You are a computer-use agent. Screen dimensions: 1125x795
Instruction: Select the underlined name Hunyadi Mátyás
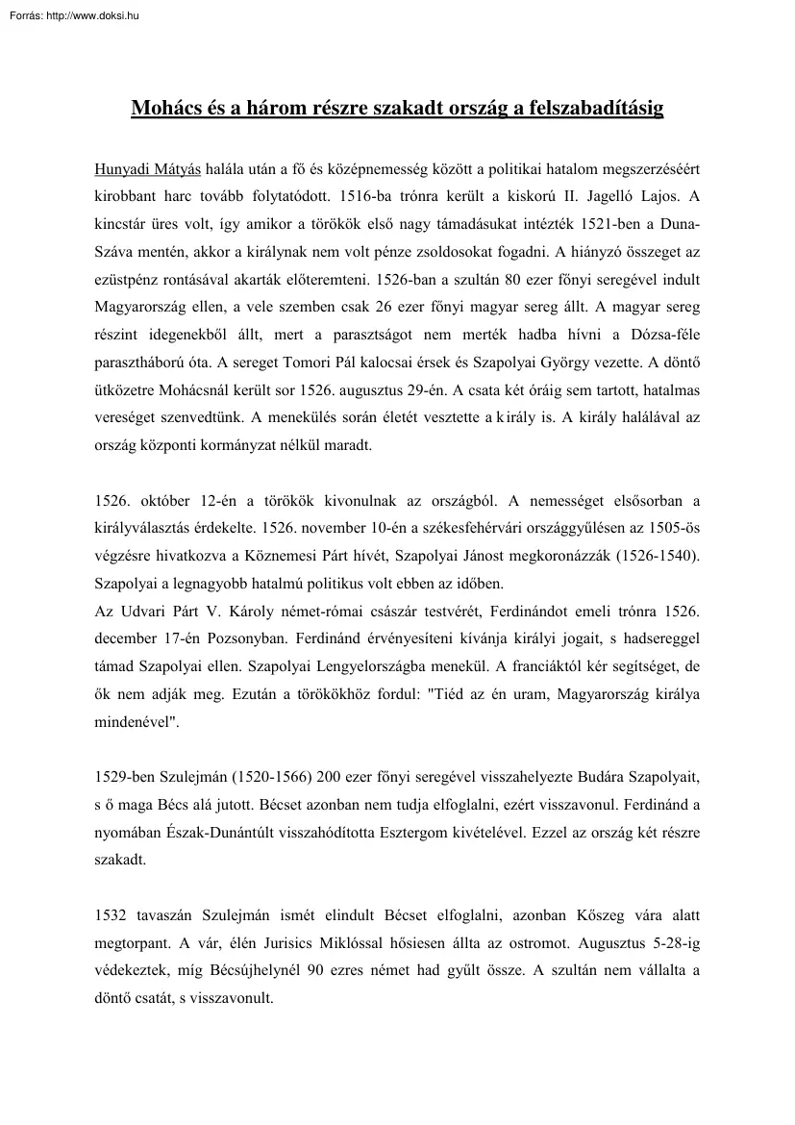click(x=147, y=169)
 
